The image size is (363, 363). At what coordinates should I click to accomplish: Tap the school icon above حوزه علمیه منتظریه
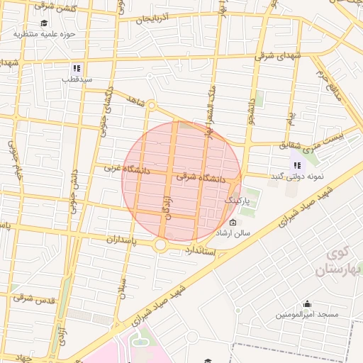[44, 23]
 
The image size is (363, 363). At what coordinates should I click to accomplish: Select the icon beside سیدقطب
[75, 69]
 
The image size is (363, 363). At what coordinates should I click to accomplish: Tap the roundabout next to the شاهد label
[151, 106]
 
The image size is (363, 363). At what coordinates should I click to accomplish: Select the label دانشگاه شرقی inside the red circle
[199, 179]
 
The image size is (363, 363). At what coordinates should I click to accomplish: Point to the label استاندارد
[201, 251]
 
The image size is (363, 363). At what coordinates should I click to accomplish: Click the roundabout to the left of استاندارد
[161, 245]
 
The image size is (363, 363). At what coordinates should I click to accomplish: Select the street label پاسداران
[111, 240]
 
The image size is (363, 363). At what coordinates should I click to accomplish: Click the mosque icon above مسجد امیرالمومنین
[308, 303]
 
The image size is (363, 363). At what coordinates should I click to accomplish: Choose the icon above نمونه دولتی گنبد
[295, 165]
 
